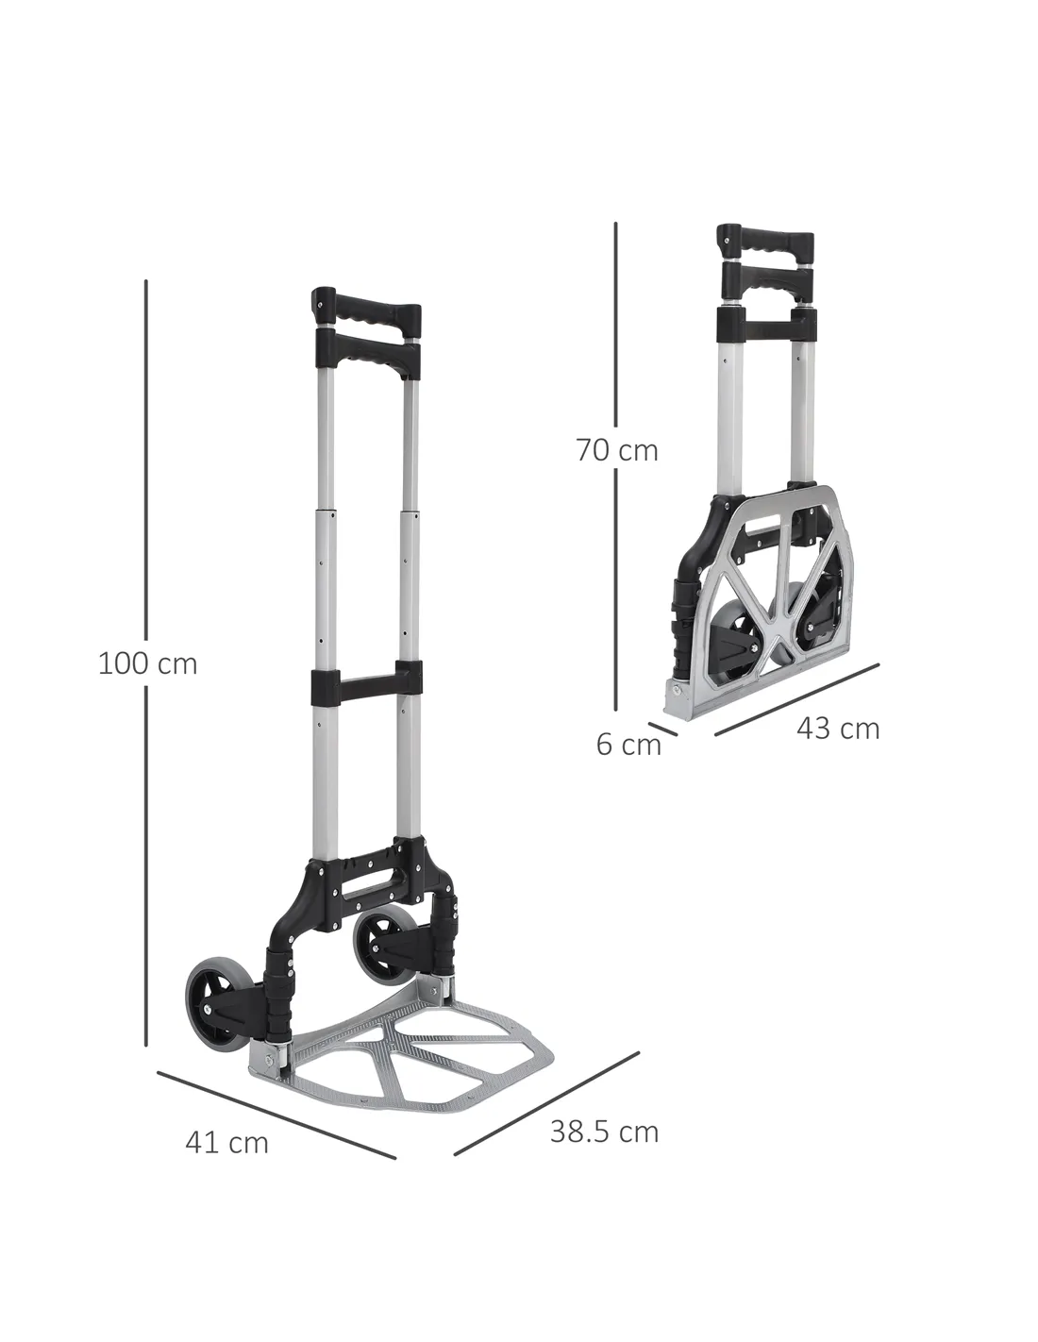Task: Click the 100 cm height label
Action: (x=147, y=663)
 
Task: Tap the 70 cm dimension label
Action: (x=617, y=450)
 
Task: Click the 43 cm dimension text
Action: (x=837, y=729)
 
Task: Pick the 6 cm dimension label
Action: (x=628, y=745)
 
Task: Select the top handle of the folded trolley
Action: (x=764, y=243)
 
